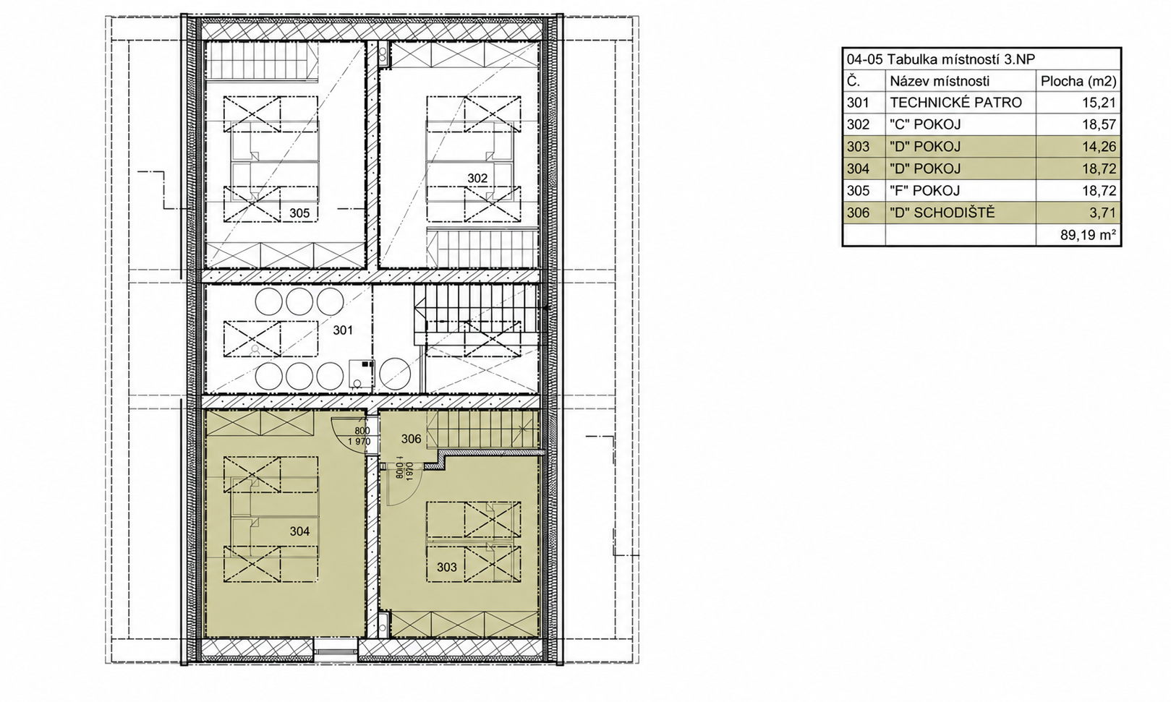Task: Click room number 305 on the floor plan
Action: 299,213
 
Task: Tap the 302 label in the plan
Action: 477,179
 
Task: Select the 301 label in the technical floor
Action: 343,330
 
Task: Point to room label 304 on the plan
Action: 300,531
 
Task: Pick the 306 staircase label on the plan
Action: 412,439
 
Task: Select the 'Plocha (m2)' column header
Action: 1078,82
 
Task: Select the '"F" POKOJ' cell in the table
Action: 925,191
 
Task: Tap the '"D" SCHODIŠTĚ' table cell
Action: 942,213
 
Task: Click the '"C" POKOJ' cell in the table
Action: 925,125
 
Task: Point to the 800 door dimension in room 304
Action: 362,431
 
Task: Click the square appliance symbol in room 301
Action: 362,373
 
